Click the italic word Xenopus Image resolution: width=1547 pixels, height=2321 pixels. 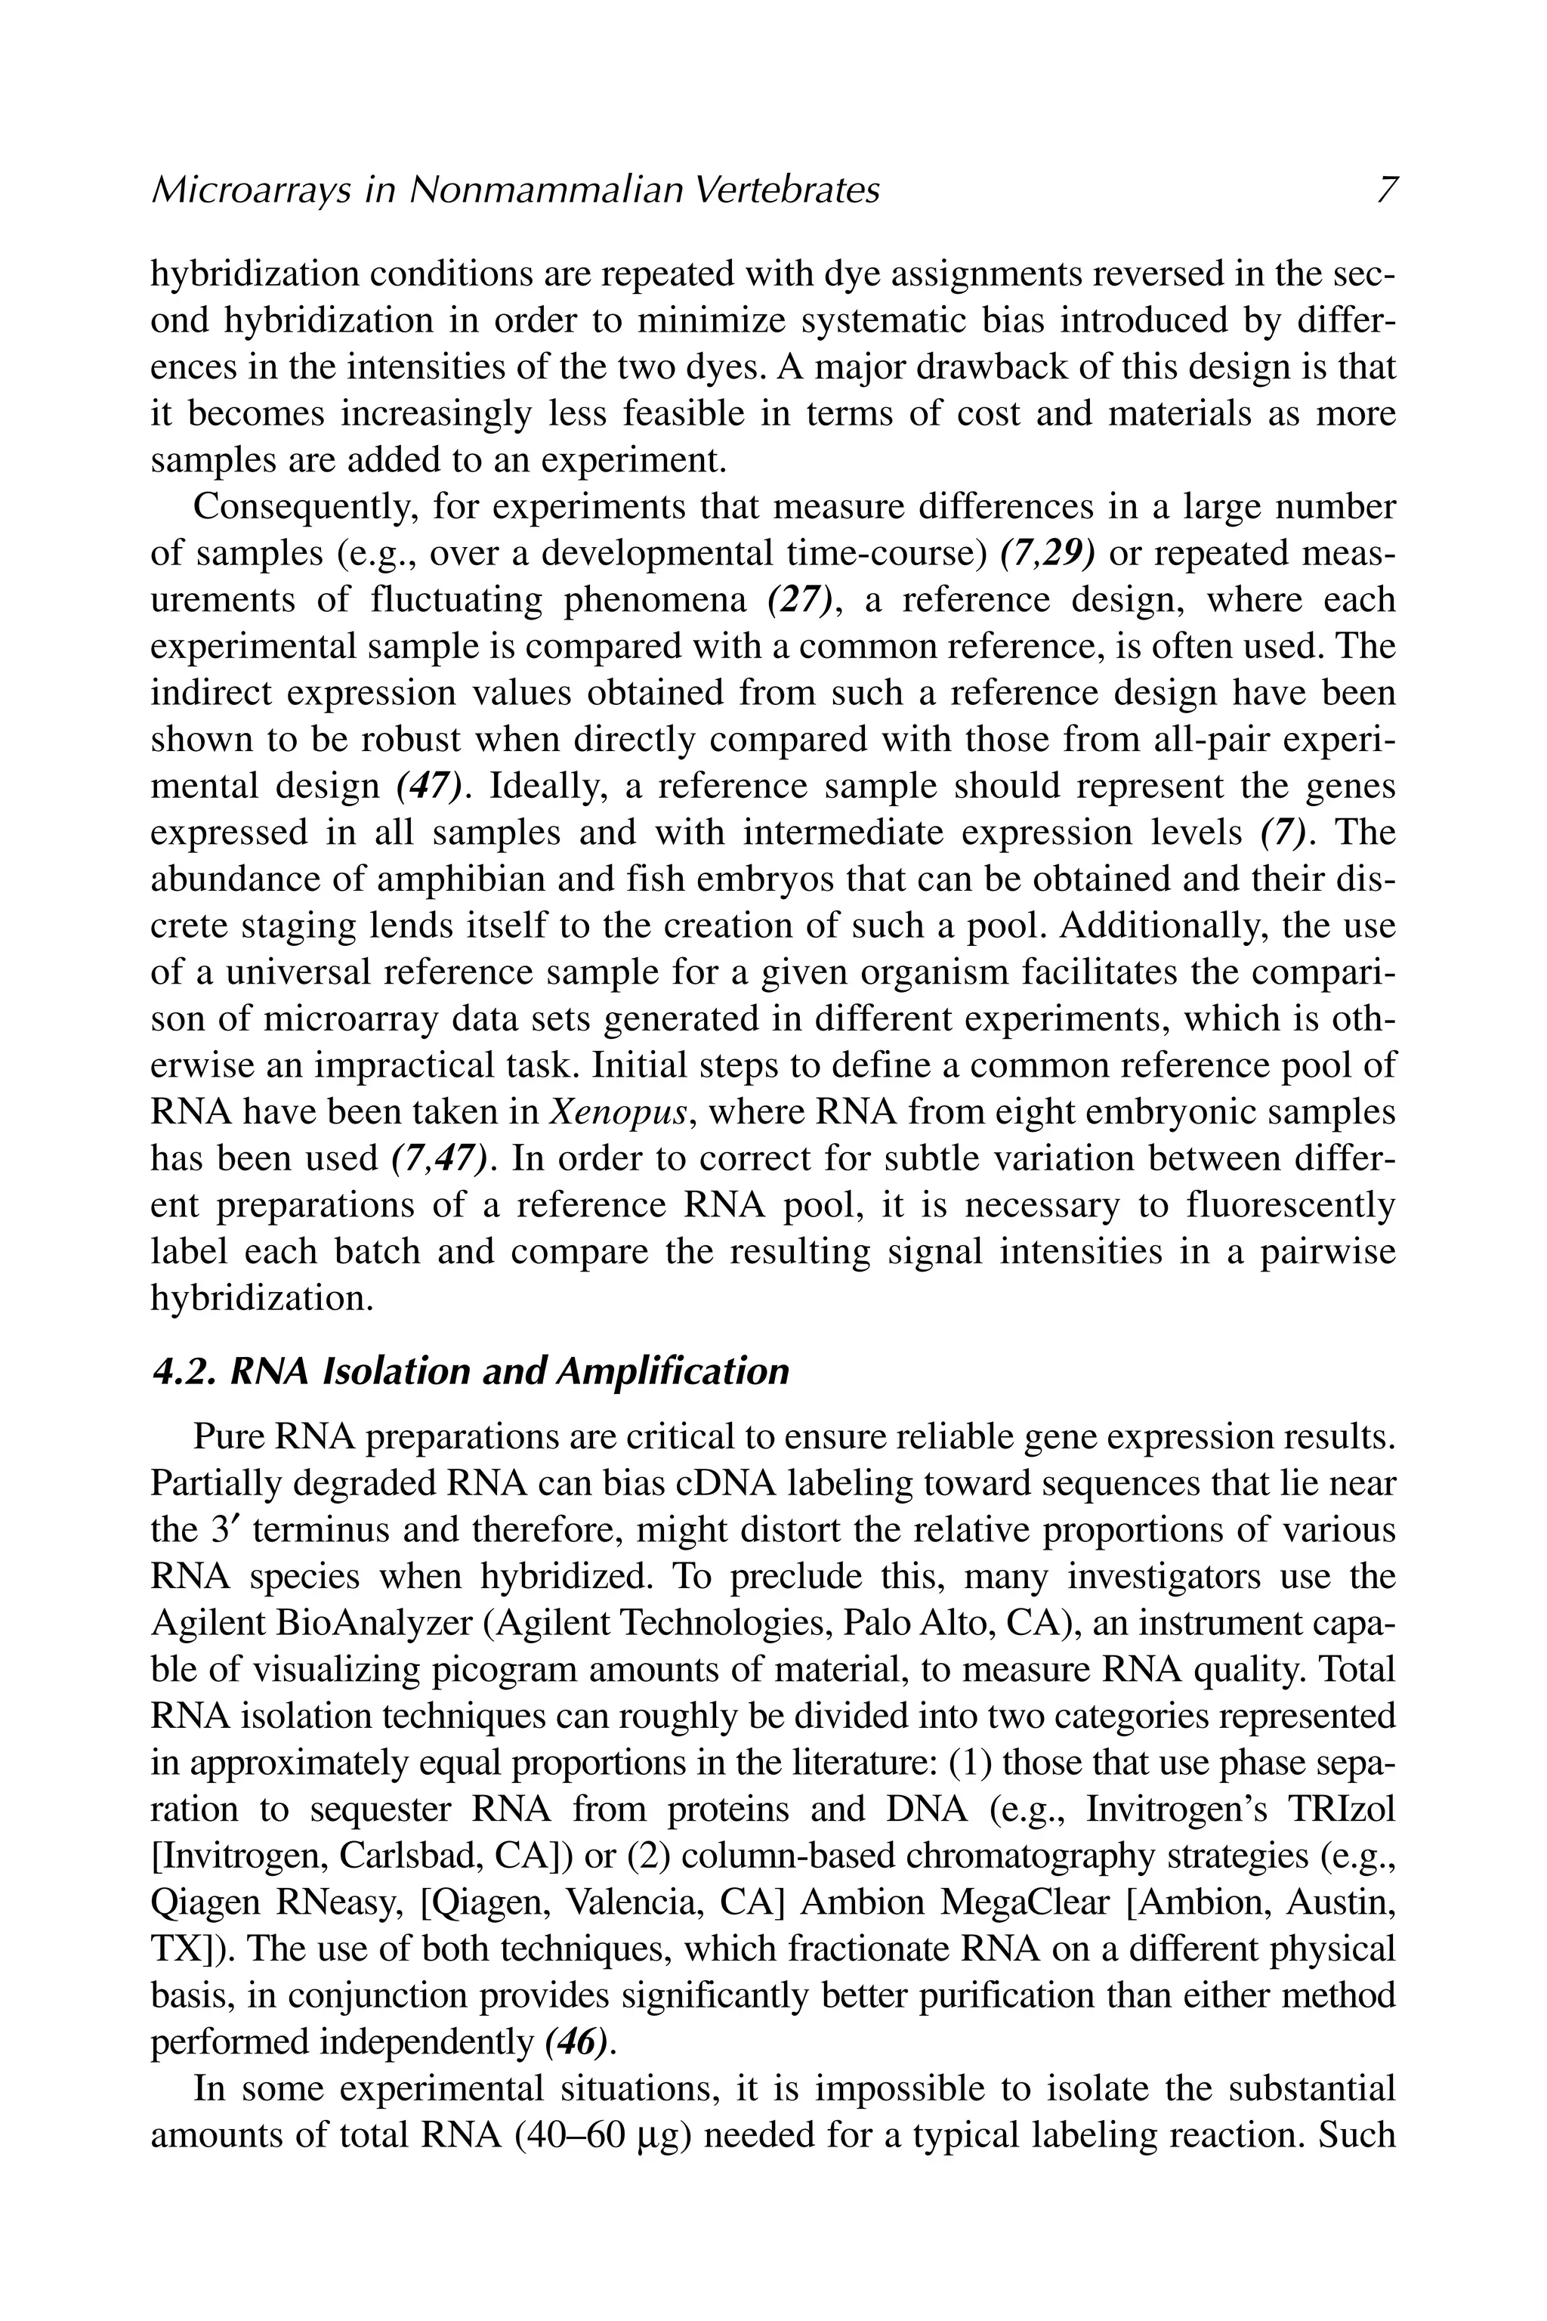tap(616, 1112)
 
